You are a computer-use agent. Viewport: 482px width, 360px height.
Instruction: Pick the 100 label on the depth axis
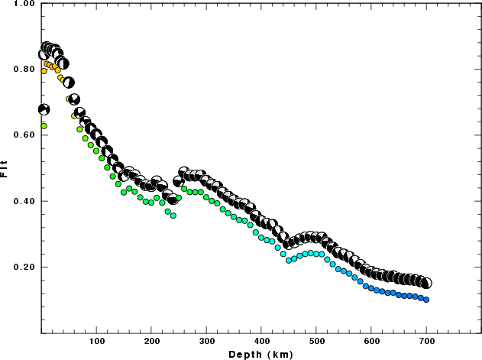97,341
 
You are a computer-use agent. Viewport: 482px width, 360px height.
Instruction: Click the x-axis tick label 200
152,341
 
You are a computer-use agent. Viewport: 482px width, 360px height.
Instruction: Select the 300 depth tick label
207,341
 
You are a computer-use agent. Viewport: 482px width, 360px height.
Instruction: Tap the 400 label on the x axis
262,341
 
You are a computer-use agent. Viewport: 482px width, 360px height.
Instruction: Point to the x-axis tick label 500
317,341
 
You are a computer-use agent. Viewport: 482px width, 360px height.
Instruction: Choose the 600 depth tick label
372,341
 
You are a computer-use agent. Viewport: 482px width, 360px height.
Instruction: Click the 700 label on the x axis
426,341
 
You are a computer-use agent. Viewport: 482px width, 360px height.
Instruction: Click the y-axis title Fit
6,168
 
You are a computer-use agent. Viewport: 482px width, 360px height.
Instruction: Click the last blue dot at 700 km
426,300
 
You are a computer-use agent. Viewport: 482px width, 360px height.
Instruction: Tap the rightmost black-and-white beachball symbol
426,283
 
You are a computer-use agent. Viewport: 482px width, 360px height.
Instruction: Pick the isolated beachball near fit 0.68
44,109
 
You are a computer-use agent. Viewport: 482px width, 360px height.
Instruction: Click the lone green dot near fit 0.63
44,125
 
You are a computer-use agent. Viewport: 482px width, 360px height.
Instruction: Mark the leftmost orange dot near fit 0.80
44,71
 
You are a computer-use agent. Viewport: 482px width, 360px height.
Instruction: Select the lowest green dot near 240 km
173,216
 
